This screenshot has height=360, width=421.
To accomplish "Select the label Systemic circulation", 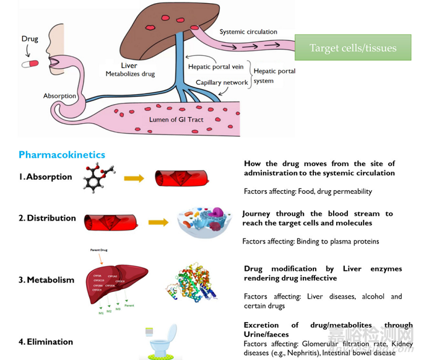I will click(x=249, y=32).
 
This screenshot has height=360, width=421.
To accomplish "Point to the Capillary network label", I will click(x=222, y=82).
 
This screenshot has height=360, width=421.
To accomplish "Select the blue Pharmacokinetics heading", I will click(x=62, y=155).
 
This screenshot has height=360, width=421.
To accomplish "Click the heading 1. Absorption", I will click(x=45, y=177).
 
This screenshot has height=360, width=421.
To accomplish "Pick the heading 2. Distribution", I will click(x=47, y=218).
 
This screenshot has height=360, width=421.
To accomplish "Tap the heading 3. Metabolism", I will click(x=46, y=279).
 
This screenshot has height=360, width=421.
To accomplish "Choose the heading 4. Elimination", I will click(x=46, y=341).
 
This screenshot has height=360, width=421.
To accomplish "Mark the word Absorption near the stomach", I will click(x=60, y=96).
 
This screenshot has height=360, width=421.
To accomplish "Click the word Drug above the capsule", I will click(x=29, y=38).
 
